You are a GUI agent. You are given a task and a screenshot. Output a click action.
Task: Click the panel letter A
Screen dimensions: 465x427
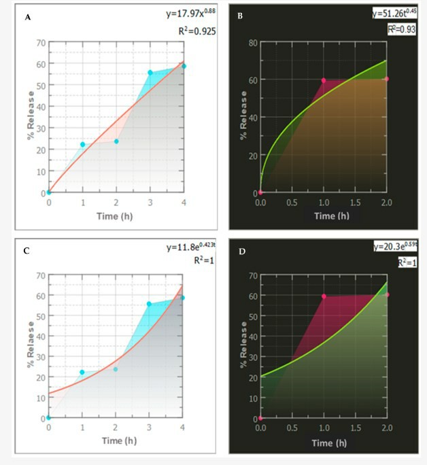tap(28, 17)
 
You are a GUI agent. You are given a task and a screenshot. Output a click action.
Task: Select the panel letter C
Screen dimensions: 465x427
tap(27, 250)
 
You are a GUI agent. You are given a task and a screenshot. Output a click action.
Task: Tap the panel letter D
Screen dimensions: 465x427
tap(239, 250)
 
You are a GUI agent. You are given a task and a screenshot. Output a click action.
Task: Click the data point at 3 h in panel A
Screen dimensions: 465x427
tap(150, 73)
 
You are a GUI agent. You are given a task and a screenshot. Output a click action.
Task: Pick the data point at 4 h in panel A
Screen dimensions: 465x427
tap(184, 66)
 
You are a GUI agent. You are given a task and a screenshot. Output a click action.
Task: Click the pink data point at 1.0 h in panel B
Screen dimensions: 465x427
tap(324, 80)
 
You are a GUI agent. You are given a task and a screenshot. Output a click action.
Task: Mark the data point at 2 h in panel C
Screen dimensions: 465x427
tap(116, 369)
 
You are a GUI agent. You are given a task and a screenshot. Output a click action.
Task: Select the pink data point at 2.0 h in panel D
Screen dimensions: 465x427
tap(387, 295)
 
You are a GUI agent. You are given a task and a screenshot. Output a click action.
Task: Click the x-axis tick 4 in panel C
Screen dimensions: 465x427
tap(183, 428)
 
